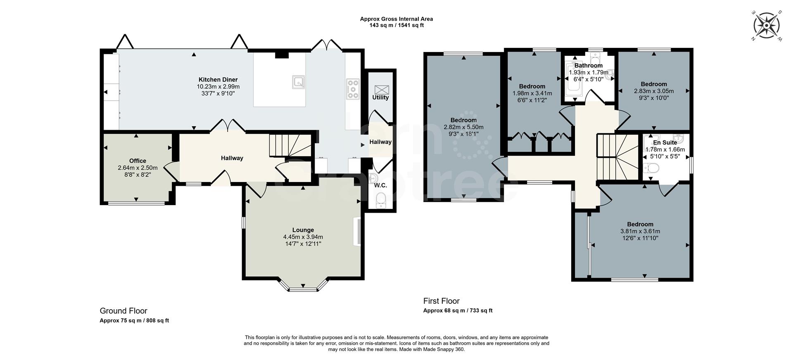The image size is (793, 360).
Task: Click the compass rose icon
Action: tap(767, 26)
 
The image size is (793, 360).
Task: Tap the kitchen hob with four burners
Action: tap(353, 89)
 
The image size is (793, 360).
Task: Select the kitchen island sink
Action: tap(298, 82)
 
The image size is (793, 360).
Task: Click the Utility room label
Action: tap(380, 97)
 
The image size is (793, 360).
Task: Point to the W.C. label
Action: tap(380, 185)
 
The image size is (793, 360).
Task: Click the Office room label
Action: tap(138, 161)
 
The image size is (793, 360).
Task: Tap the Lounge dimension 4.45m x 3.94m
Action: tap(303, 237)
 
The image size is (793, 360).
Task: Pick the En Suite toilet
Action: tap(651, 168)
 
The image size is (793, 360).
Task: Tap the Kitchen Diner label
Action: tap(218, 80)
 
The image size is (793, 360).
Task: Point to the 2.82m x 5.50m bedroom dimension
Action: tap(463, 127)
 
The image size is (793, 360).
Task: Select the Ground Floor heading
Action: tap(123, 311)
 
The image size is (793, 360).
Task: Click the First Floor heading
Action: tap(441, 301)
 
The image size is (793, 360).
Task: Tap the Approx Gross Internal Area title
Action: tap(396, 19)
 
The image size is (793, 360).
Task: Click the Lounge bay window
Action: tap(303, 288)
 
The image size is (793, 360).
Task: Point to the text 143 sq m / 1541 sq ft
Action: tap(396, 25)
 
